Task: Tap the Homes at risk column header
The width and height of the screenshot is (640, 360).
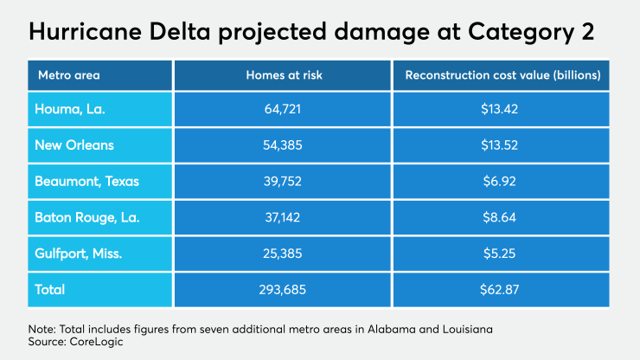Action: coord(283,75)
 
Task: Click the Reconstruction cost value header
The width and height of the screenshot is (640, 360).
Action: coord(502,75)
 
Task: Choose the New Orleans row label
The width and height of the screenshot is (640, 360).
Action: coord(75,145)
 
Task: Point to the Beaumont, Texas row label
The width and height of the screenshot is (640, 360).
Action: coord(87,182)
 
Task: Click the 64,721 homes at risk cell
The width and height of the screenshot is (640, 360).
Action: coord(283,110)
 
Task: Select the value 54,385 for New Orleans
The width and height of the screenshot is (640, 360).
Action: coord(283,145)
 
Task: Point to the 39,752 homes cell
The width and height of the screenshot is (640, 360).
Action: coord(283,182)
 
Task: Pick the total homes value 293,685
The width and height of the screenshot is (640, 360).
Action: coord(283,289)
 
